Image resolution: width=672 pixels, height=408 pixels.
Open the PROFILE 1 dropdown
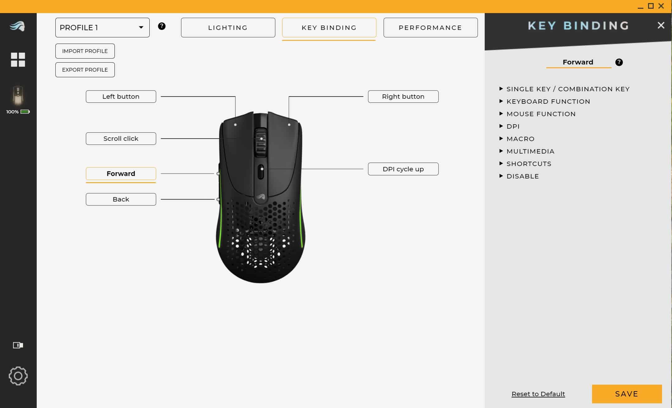click(102, 28)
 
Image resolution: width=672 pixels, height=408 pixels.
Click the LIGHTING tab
click(228, 28)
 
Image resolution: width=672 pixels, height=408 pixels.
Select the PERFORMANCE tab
click(430, 28)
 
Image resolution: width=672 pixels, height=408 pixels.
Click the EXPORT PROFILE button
click(85, 70)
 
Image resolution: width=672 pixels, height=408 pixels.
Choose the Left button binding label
click(121, 97)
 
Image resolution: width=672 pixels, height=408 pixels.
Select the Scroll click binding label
click(121, 139)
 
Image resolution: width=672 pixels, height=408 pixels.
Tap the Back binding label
click(121, 199)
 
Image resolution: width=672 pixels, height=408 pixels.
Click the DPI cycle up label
click(403, 169)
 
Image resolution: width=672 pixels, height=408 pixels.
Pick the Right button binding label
click(403, 97)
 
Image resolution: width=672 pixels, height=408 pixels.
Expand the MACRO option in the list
click(520, 139)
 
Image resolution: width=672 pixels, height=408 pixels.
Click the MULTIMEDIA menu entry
click(530, 151)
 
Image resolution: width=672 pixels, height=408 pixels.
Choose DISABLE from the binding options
click(522, 176)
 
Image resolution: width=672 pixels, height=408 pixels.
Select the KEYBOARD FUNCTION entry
click(548, 102)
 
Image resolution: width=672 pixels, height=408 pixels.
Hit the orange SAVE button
click(627, 394)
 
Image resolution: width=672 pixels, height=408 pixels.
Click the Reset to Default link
click(538, 394)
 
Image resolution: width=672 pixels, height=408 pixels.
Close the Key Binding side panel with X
click(661, 26)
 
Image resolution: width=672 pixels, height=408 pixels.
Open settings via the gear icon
click(18, 376)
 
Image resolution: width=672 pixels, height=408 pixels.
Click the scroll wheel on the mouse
click(261, 142)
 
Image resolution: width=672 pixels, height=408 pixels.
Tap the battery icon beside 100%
click(25, 112)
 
